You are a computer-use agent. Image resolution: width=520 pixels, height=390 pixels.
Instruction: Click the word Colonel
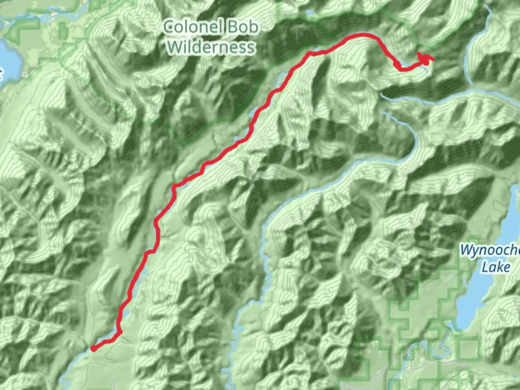(x=192, y=27)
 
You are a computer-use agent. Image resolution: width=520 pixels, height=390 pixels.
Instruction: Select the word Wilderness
(x=211, y=47)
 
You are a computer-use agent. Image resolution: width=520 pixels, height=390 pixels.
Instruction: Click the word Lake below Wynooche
(x=496, y=267)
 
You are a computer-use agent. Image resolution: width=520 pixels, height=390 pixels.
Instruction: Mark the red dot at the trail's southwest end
(x=94, y=348)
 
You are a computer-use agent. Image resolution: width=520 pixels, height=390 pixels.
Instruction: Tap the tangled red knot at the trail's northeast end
(x=425, y=58)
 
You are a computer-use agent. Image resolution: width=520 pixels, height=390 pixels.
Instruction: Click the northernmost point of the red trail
(x=363, y=35)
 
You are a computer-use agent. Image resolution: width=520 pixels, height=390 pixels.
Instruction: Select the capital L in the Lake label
(x=485, y=267)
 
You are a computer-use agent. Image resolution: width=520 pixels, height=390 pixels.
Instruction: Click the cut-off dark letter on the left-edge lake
(x=1, y=74)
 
